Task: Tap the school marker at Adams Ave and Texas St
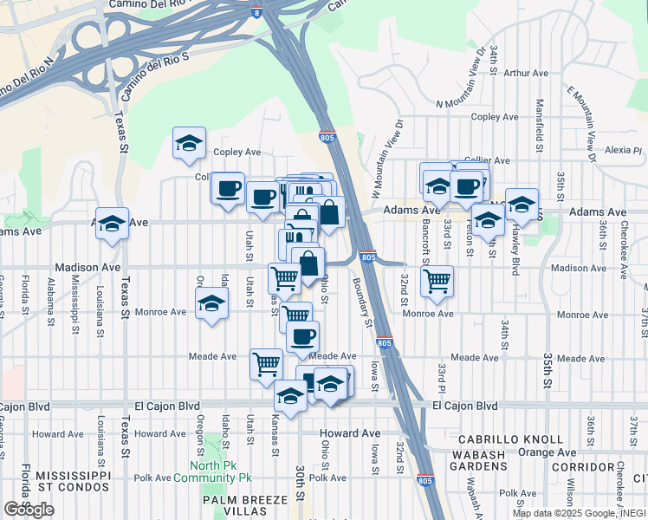112,223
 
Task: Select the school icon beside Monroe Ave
211,304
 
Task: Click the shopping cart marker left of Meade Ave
266,363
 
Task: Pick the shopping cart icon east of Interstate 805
437,280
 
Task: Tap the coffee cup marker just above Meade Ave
302,336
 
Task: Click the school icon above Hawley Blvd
522,204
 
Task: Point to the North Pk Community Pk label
213,471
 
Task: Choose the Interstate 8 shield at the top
275,12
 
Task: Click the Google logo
29,510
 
